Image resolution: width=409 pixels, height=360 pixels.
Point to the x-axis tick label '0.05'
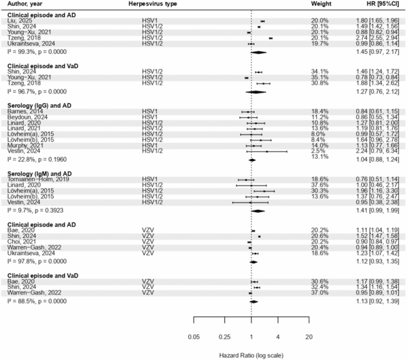coord(194,336)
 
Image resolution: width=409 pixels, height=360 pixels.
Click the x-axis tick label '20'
coord(309,336)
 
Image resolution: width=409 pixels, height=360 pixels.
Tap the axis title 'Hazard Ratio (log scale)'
coord(252,355)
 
